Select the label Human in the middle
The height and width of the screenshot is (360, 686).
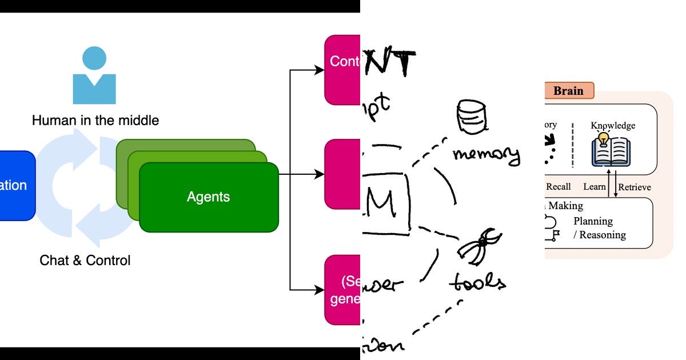[95, 121]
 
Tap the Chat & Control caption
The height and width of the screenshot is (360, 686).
[85, 261]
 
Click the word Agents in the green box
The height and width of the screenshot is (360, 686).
[208, 197]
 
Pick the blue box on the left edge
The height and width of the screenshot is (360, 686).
[16, 185]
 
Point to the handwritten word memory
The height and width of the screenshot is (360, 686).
[485, 154]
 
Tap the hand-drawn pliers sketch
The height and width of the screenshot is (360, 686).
[479, 245]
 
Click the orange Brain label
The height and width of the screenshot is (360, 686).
[568, 91]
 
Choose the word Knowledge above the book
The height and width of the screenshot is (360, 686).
[613, 126]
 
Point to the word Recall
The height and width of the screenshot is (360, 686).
[558, 187]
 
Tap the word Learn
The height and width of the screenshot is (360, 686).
[594, 187]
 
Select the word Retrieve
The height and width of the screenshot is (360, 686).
[635, 187]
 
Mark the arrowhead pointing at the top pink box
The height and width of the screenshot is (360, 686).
[320, 70]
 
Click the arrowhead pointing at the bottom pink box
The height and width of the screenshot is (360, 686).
[320, 290]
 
